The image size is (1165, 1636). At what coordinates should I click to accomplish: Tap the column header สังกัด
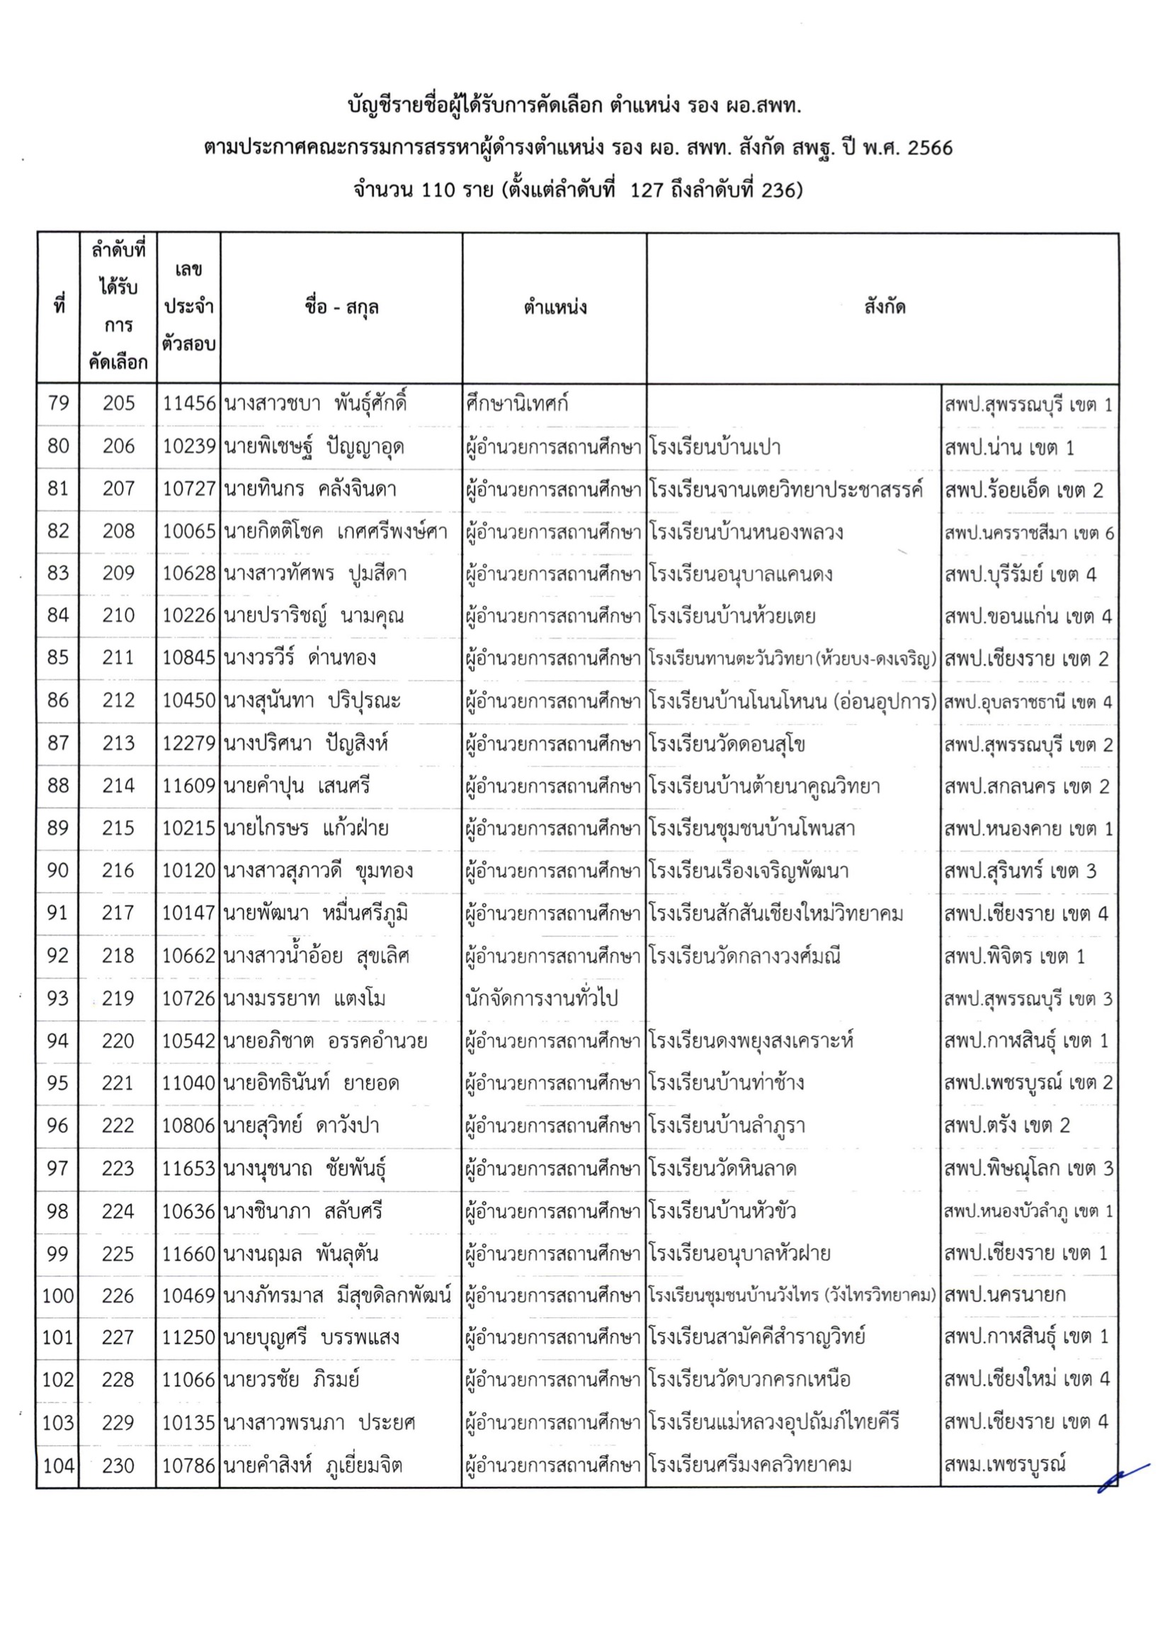pyautogui.click(x=884, y=308)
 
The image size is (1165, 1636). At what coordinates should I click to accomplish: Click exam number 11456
pyautogui.click(x=188, y=404)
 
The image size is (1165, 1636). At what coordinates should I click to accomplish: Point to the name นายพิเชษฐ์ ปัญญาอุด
pyautogui.click(x=314, y=447)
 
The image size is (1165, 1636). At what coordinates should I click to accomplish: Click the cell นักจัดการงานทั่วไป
pyautogui.click(x=541, y=998)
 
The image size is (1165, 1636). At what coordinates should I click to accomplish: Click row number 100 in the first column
pyautogui.click(x=58, y=1295)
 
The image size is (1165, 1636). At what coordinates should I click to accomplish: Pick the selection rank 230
pyautogui.click(x=118, y=1465)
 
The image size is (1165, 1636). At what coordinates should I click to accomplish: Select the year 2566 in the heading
pyautogui.click(x=930, y=149)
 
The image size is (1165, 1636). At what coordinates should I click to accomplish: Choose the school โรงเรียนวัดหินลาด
pyautogui.click(x=722, y=1168)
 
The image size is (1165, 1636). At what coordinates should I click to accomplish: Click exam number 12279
pyautogui.click(x=188, y=743)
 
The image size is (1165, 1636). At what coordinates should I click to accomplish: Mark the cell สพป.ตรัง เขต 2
pyautogui.click(x=1006, y=1126)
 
